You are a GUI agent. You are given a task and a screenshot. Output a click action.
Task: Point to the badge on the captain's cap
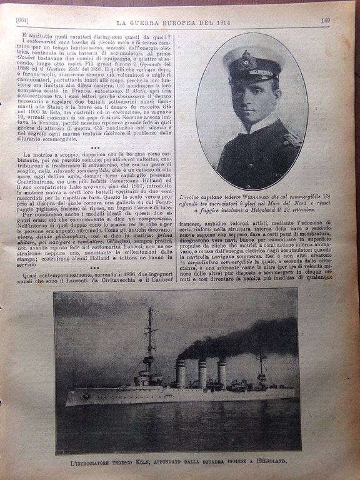pyautogui.click(x=248, y=61)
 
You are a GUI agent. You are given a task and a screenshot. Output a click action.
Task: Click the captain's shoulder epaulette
pyautogui.click(x=291, y=139)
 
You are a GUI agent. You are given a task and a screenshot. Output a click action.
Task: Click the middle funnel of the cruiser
pyautogui.click(x=202, y=374)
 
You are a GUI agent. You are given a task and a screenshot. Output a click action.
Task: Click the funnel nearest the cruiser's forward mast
pyautogui.click(x=181, y=373)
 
